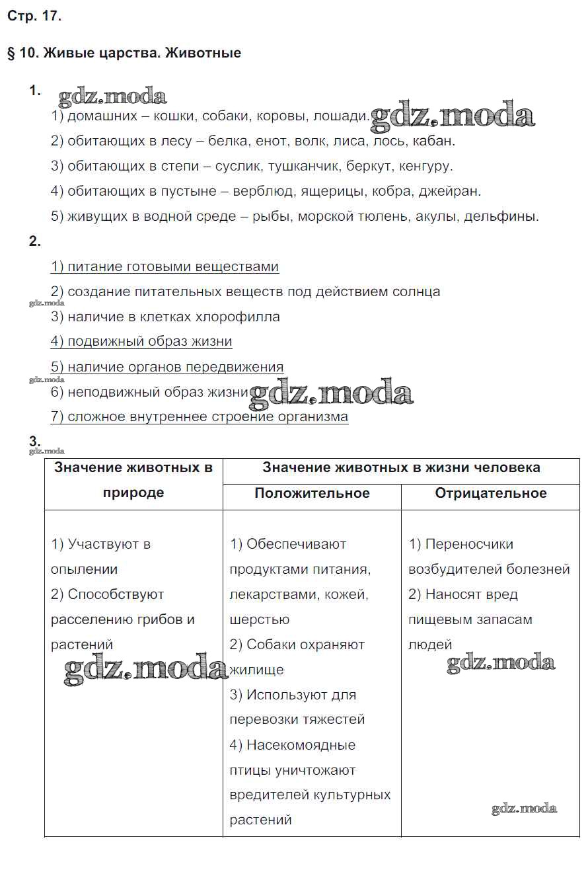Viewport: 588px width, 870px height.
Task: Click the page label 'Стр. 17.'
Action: click(34, 17)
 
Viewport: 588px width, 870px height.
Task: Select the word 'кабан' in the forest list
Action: click(436, 141)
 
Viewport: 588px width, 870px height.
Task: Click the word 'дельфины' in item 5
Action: click(505, 216)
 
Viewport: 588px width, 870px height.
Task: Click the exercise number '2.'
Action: click(35, 242)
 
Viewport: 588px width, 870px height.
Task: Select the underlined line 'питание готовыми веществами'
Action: click(165, 266)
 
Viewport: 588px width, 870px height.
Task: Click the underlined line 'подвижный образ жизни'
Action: click(141, 342)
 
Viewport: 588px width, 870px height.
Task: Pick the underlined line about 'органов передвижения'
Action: click(167, 367)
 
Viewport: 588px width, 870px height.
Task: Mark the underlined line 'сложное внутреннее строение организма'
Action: click(199, 417)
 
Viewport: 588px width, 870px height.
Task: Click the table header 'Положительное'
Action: click(312, 493)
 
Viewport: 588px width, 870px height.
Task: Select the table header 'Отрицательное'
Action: click(491, 493)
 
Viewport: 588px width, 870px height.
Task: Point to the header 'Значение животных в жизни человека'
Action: click(401, 467)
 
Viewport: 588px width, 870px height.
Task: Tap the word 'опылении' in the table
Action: click(84, 569)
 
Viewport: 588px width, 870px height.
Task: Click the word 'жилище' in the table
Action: click(257, 670)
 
